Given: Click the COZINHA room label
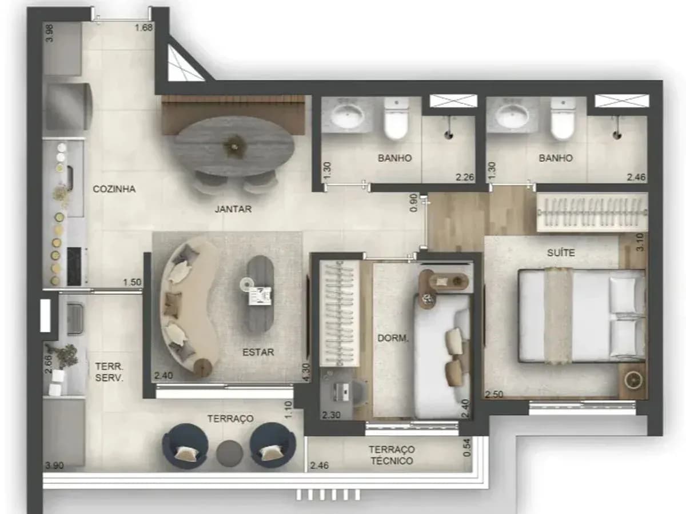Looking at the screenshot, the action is tap(114, 189).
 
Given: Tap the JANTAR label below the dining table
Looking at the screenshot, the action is tap(233, 209).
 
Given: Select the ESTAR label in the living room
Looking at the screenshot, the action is tap(258, 352).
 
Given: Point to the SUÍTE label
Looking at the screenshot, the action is tap(561, 252).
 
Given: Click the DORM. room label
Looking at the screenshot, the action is tap(393, 338).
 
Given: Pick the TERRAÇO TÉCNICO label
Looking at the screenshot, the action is tap(392, 455).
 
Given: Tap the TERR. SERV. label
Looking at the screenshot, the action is tap(109, 372).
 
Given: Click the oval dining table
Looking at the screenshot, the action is tap(234, 147).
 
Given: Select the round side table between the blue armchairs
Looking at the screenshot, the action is tap(229, 453).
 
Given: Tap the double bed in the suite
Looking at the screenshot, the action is tap(582, 316).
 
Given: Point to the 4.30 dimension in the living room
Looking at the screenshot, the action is tap(306, 372).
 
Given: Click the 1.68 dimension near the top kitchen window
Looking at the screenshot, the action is tap(143, 28).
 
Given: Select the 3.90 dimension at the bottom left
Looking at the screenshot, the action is tap(54, 465).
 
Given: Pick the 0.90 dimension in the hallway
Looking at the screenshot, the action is tap(413, 203).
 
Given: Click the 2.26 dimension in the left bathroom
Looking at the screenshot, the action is tap(465, 177).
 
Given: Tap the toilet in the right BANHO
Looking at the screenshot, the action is tap(563, 119).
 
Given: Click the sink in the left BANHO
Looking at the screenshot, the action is tap(348, 117).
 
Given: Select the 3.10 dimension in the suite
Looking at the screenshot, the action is tap(640, 242).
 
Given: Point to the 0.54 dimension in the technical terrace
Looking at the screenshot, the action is tap(466, 448).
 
